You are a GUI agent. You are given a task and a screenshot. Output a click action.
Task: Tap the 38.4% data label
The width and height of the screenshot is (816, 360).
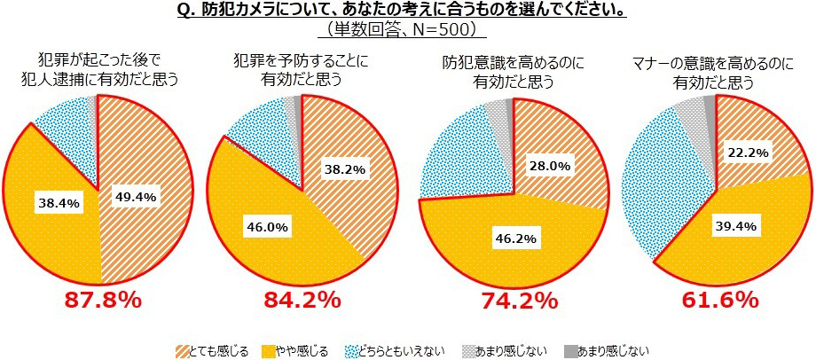[59, 203]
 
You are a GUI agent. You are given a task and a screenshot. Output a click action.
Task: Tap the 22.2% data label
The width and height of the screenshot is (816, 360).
[749, 153]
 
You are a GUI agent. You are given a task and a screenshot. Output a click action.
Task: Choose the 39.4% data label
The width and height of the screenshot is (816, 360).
[734, 226]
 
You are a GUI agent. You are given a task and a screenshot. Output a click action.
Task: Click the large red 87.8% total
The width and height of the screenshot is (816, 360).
[103, 300]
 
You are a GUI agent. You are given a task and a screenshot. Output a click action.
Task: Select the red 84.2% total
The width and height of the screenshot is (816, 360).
[302, 300]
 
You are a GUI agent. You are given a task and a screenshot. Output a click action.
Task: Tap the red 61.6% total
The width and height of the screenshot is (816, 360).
[719, 300]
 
